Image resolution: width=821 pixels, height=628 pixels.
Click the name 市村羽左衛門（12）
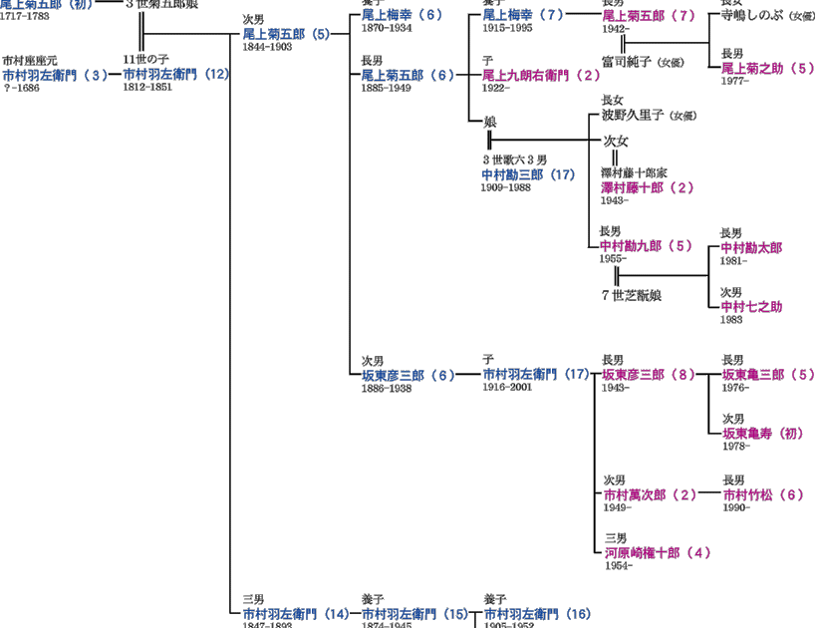point(176,75)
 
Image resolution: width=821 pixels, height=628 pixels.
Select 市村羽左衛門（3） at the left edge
point(54,75)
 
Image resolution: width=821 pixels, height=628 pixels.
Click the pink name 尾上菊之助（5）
point(768,68)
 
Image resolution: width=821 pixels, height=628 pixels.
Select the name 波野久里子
point(632,116)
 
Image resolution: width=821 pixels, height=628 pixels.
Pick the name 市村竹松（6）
point(762,494)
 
